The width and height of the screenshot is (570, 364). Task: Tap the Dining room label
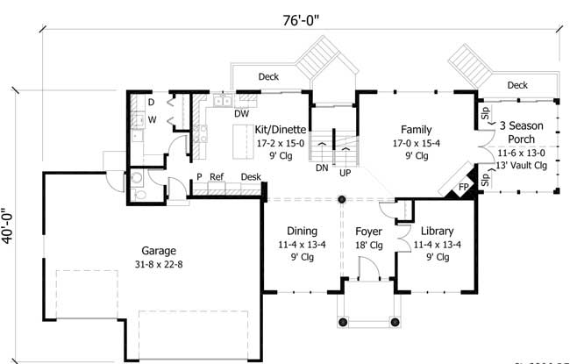[302, 232]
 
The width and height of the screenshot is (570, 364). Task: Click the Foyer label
[368, 232]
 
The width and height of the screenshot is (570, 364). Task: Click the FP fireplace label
[463, 188]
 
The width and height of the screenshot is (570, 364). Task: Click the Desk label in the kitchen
[251, 176]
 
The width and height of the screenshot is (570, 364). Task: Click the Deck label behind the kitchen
[268, 77]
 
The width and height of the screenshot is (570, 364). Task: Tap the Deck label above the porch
[517, 85]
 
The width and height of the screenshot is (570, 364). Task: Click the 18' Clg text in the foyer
[369, 246]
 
